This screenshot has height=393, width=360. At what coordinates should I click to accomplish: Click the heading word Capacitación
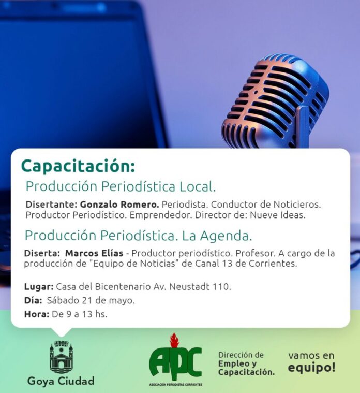[x=78, y=166]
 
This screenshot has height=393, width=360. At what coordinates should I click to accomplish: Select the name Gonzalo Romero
[x=119, y=205]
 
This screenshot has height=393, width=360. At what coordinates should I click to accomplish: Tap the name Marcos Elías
[x=94, y=253]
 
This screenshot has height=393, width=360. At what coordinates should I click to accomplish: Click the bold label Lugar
[x=39, y=287]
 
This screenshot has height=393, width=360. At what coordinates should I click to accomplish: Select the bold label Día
[x=33, y=300]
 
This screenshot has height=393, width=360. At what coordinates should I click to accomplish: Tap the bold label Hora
[x=37, y=314]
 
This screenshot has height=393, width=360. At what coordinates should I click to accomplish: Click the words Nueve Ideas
[x=278, y=215]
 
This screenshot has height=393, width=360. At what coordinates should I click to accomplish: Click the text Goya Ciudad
[x=61, y=381]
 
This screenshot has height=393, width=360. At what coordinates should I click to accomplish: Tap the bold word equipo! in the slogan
[x=311, y=368]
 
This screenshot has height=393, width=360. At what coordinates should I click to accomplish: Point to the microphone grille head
[x=275, y=100]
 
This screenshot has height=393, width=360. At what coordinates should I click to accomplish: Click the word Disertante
[x=52, y=205]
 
